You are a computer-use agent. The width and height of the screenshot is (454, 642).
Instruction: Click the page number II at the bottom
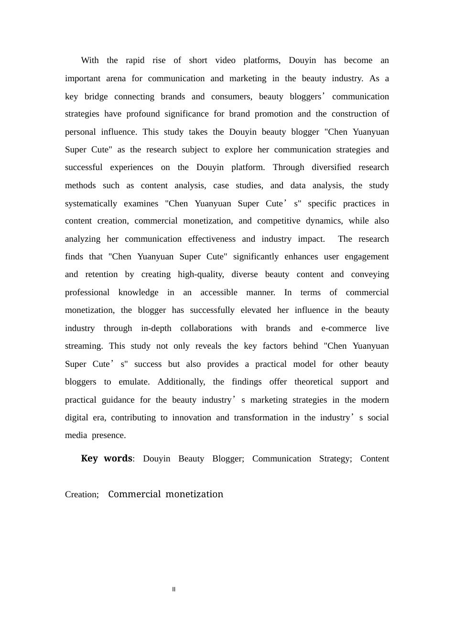(x=174, y=589)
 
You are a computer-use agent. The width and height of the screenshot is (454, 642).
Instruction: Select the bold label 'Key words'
(x=107, y=459)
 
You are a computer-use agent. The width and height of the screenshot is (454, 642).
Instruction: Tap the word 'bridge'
(x=96, y=96)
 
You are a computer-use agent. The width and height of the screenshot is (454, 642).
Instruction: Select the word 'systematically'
(x=91, y=203)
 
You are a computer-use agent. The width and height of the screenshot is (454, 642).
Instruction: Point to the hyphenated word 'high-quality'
(x=201, y=274)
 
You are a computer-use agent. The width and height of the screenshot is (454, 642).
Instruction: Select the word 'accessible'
(x=219, y=292)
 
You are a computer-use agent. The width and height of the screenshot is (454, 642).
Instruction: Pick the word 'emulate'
(x=134, y=382)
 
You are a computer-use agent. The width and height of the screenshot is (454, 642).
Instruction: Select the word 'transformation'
(x=261, y=417)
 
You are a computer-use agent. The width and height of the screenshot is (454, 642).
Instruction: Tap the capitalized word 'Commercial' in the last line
(x=134, y=494)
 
